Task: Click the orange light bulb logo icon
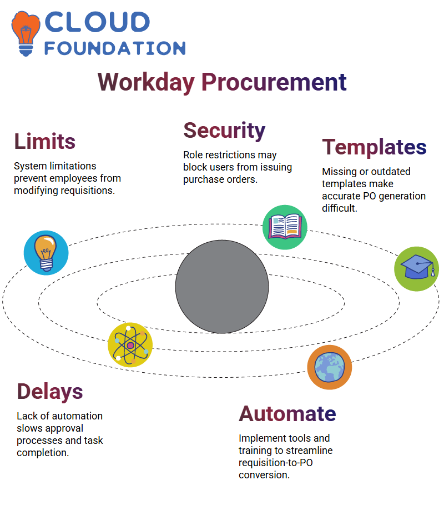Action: click(x=26, y=33)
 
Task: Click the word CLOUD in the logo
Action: click(x=97, y=22)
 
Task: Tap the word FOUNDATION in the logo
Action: click(x=115, y=48)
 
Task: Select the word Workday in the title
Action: click(x=146, y=82)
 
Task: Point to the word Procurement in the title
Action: click(x=274, y=82)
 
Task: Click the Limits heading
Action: click(x=45, y=141)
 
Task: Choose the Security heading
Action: click(x=225, y=131)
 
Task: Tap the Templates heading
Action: click(x=375, y=147)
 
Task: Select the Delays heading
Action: click(x=50, y=392)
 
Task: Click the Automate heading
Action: click(x=287, y=414)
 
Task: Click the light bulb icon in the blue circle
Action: click(x=46, y=253)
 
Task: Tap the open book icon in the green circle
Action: click(x=285, y=227)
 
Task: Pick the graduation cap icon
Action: click(x=417, y=269)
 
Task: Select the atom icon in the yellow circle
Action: click(x=130, y=345)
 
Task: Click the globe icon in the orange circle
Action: click(x=330, y=367)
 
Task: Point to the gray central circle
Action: click(x=222, y=287)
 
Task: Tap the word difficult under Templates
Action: click(x=340, y=208)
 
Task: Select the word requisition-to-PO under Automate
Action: click(x=276, y=463)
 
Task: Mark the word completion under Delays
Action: click(x=43, y=453)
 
